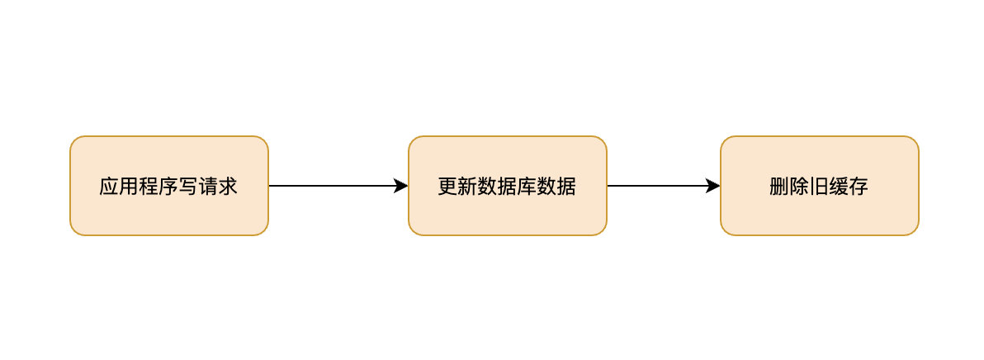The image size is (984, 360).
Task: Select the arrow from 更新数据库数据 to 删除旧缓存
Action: point(660,186)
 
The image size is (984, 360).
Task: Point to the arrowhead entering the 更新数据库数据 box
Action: point(402,186)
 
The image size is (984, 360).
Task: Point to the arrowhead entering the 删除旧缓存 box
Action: point(714,186)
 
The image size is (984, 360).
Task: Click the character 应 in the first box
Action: point(109,187)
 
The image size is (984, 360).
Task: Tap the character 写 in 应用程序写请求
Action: point(188,187)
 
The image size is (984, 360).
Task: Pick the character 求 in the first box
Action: point(228,187)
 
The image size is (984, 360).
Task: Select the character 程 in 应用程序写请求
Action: point(149,187)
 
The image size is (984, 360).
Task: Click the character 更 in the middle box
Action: point(447,187)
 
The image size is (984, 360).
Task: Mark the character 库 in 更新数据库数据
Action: point(527,187)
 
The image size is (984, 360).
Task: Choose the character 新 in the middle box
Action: point(467,187)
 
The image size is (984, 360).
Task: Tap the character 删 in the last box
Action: point(779,187)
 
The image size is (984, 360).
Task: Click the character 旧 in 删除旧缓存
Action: point(819,187)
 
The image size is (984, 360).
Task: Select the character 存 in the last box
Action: point(859,187)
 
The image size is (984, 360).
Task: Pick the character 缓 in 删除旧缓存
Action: point(839,187)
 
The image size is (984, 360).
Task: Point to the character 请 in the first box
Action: point(208,187)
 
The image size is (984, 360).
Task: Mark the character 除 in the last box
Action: point(799,187)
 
